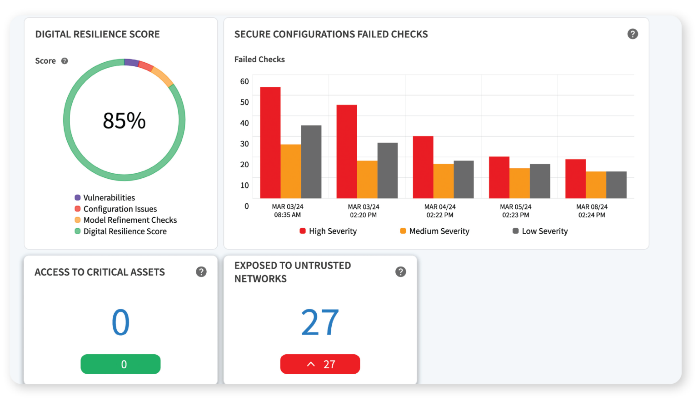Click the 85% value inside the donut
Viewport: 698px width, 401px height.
tap(124, 121)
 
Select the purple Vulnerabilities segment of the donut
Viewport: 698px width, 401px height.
tap(131, 62)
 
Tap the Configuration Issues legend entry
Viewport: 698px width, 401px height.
tap(120, 209)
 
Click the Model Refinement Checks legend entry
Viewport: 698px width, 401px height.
tap(130, 220)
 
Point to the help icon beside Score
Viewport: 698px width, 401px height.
tap(65, 61)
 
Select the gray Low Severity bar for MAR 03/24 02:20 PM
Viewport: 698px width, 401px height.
tap(387, 170)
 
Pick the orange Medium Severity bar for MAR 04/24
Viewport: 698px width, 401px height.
tap(443, 181)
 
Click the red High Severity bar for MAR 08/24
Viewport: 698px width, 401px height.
tap(575, 179)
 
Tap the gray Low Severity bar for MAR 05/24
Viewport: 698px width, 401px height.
tap(540, 181)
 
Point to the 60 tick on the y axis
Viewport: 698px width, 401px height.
tap(244, 81)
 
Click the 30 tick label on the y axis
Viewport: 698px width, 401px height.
tap(244, 144)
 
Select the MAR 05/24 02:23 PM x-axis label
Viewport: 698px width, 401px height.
tap(515, 211)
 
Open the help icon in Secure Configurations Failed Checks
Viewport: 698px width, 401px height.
tap(633, 34)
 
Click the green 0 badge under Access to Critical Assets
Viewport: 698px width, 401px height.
tap(120, 364)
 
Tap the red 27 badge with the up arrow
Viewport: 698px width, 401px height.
tap(320, 364)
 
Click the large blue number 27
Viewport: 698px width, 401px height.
tap(320, 322)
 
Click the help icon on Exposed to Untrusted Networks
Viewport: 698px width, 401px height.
tap(400, 272)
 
